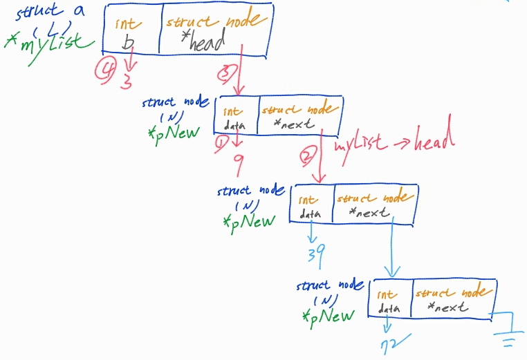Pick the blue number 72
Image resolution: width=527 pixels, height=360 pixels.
coord(392,342)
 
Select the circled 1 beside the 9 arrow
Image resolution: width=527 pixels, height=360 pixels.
coord(222,143)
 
